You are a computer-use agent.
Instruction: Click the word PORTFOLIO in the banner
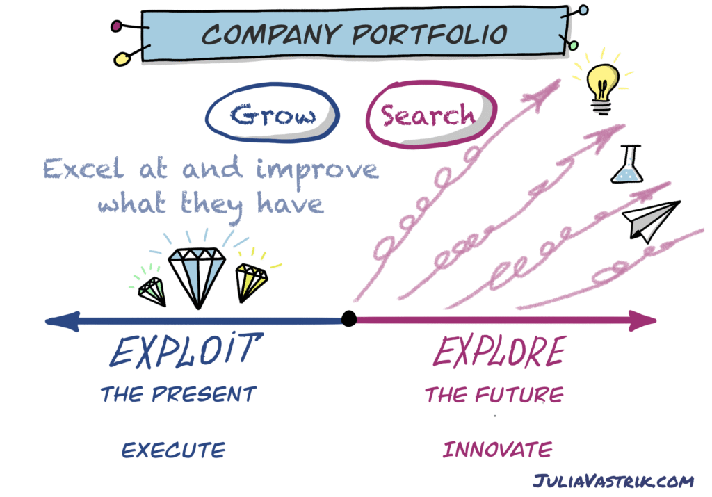coord(430,35)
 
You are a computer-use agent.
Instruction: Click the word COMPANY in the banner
coord(271,35)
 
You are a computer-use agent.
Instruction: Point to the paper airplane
coord(652,220)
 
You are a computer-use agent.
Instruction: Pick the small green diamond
coord(152,291)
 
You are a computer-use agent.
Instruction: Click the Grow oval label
coord(273,113)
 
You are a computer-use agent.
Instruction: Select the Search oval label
coord(431,115)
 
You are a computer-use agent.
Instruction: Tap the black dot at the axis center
coord(349,318)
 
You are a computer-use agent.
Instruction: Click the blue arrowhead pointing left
coord(63,321)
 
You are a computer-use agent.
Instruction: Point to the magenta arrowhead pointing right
coord(641,321)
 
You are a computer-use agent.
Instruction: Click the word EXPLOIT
coord(186,350)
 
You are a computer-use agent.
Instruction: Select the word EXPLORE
coord(499,351)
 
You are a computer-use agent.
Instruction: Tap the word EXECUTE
coord(173,450)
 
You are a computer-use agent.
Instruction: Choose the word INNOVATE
coord(498,449)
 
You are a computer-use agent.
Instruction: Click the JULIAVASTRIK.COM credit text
coord(613,480)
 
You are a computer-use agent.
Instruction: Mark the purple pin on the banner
coord(116,26)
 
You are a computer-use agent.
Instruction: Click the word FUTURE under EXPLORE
coord(519,394)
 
